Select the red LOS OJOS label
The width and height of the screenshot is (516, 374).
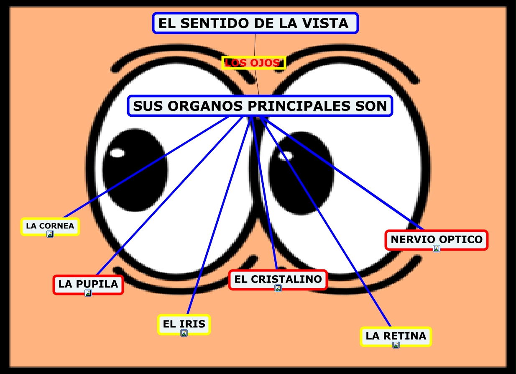click(253, 63)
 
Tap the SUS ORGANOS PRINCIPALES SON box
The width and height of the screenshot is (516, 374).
click(260, 106)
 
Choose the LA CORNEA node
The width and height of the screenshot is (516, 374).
click(50, 226)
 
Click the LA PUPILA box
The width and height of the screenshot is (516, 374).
click(88, 284)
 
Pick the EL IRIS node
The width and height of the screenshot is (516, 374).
click(184, 323)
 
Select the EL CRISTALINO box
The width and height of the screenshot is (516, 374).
click(278, 279)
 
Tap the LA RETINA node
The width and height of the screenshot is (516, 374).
click(396, 336)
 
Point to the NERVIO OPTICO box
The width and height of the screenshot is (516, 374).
click(436, 239)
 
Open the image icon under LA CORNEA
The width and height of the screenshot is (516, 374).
click(50, 234)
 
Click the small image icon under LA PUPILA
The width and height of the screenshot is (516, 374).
click(88, 293)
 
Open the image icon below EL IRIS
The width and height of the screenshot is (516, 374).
click(184, 333)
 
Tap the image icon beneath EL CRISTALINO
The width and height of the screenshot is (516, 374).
click(278, 288)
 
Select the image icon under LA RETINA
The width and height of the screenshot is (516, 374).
click(396, 345)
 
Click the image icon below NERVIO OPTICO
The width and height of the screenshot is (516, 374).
click(437, 248)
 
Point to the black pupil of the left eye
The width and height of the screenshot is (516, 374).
click(136, 176)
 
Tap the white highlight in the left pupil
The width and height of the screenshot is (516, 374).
click(117, 153)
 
